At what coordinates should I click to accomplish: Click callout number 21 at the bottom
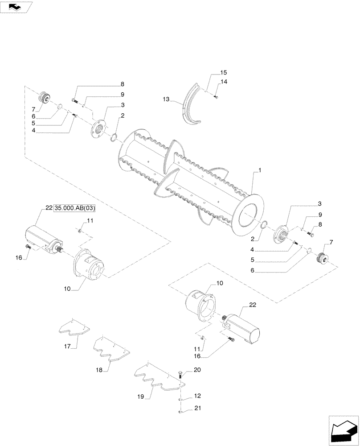pyautogui.click(x=197, y=410)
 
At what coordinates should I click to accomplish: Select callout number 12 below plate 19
pyautogui.click(x=197, y=396)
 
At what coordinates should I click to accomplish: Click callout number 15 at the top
pyautogui.click(x=223, y=72)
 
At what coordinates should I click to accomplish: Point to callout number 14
pyautogui.click(x=223, y=82)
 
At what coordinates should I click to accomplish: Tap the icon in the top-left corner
pyautogui.click(x=17, y=6)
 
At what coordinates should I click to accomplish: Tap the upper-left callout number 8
pyautogui.click(x=122, y=84)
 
